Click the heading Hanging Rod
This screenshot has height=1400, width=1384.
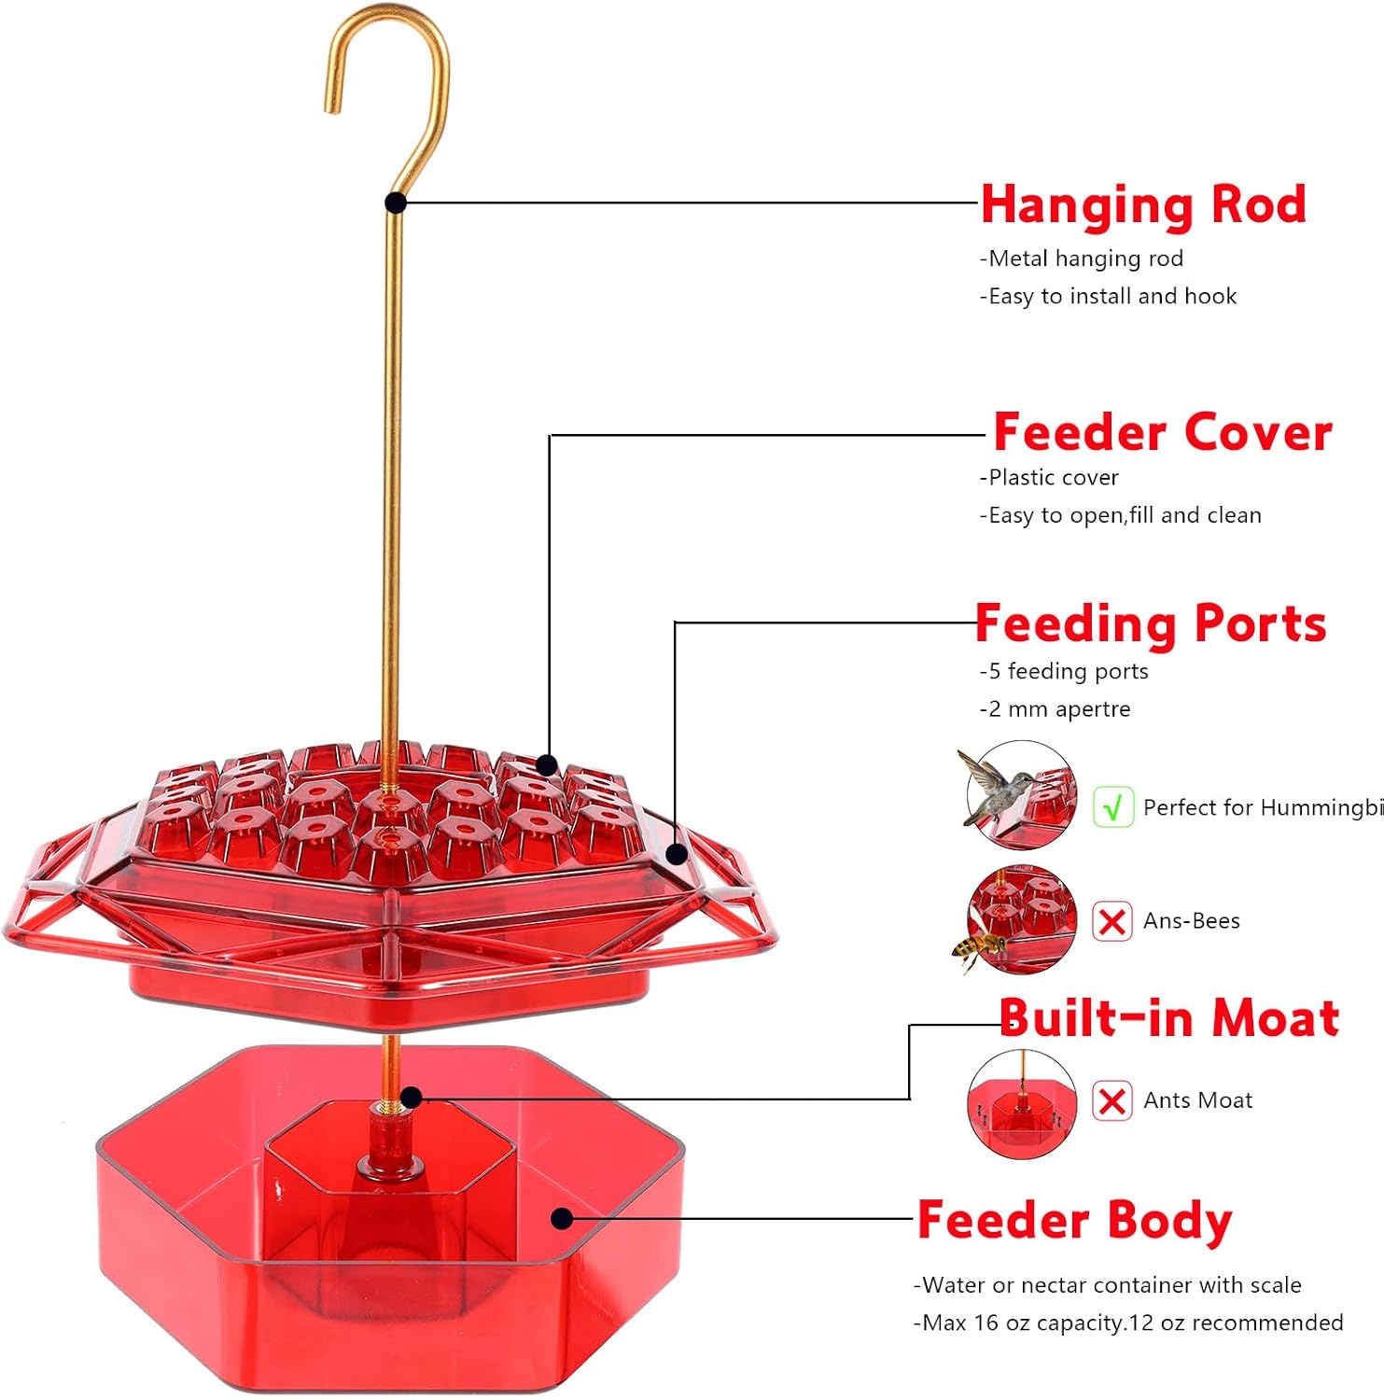(x=1143, y=205)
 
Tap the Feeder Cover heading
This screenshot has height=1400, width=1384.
(x=1163, y=432)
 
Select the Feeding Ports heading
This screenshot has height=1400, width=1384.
(x=1151, y=623)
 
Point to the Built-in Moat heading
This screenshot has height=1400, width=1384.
(x=1169, y=1017)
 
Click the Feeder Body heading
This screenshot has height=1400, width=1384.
(x=1075, y=1221)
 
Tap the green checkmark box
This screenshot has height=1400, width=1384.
(x=1112, y=807)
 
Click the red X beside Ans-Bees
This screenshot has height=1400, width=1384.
(x=1112, y=921)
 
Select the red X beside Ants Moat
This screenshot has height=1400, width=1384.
(x=1112, y=1101)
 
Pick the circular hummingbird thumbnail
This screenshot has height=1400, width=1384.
(x=1022, y=795)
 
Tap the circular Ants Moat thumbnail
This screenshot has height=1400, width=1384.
(x=1022, y=1104)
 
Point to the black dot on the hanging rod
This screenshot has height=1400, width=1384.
(x=396, y=203)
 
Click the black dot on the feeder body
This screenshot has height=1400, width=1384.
(x=562, y=1218)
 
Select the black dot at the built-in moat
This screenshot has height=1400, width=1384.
(x=412, y=1098)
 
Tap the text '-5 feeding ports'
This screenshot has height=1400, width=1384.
(x=1064, y=672)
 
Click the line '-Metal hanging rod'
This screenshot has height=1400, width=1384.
(x=1081, y=259)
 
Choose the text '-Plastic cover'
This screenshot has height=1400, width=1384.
(x=1049, y=478)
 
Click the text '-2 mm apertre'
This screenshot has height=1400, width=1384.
(x=1055, y=709)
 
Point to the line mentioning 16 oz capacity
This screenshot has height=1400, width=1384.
(x=1128, y=1323)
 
